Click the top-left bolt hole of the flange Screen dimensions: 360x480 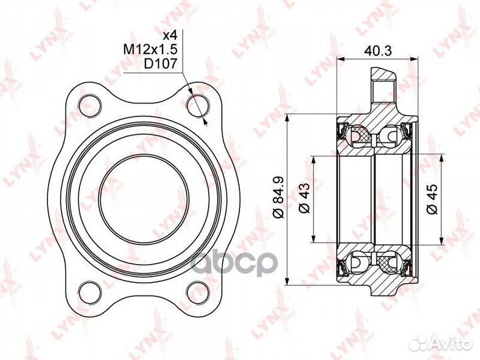pyautogui.click(x=87, y=104)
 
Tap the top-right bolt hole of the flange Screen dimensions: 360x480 pyautogui.click(x=196, y=104)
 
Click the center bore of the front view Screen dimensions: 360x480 pyautogui.click(x=141, y=197)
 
